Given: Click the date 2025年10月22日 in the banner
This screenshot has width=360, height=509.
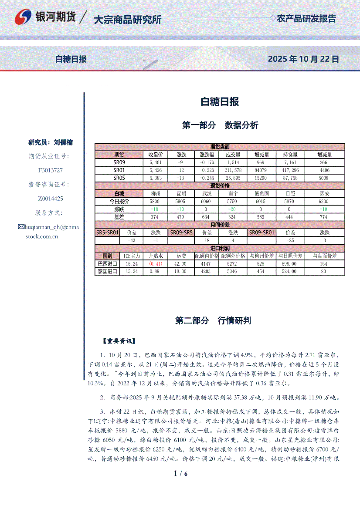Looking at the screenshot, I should [303, 59].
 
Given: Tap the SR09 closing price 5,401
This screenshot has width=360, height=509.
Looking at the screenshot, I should [155, 162].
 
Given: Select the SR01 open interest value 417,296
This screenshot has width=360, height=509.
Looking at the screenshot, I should [291, 170].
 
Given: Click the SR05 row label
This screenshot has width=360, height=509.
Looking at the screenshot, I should [119, 178].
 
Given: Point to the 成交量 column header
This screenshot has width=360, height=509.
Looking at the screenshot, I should [234, 155].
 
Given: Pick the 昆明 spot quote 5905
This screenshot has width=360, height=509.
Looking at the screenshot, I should [180, 201].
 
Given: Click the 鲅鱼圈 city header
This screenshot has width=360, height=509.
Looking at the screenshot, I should [261, 193].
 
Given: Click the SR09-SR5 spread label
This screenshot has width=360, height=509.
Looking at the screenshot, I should [181, 233].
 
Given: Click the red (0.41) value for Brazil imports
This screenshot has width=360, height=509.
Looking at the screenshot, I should [156, 264].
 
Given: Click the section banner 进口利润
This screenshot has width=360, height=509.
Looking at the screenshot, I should [220, 248].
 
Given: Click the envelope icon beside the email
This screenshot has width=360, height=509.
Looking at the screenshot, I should [21, 226].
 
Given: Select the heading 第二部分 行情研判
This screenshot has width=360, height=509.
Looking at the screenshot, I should [213, 321].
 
